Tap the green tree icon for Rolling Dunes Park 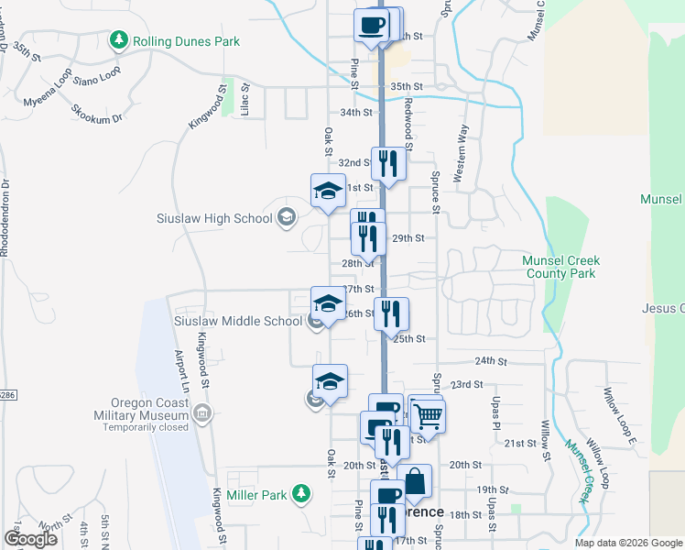pyautogui.click(x=118, y=40)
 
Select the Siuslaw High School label pyautogui.click(x=215, y=218)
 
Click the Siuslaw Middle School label pyautogui.click(x=238, y=321)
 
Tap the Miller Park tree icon pyautogui.click(x=300, y=495)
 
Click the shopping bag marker pyautogui.click(x=415, y=481)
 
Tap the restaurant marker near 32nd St pyautogui.click(x=388, y=164)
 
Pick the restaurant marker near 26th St pyautogui.click(x=392, y=314)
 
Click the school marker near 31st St pyautogui.click(x=328, y=191)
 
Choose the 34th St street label pyautogui.click(x=355, y=113)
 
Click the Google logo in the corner pyautogui.click(x=30, y=540)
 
